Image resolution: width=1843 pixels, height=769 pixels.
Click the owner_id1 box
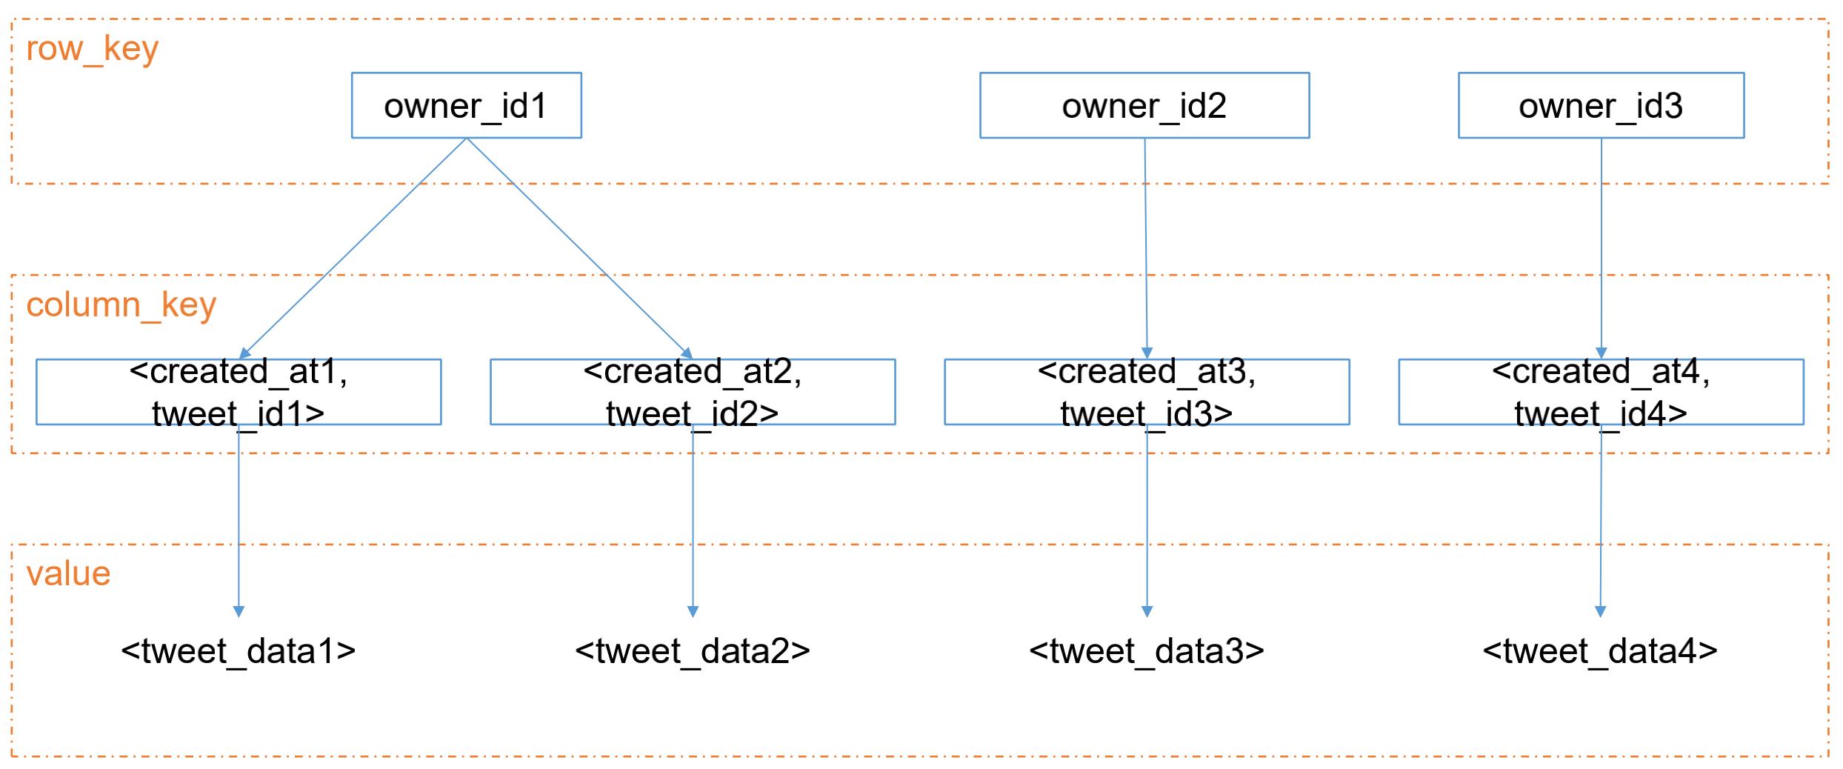(x=466, y=105)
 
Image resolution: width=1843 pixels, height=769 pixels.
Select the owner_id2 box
(x=1144, y=105)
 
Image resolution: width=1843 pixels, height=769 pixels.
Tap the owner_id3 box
(x=1602, y=105)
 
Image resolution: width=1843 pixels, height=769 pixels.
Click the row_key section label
(x=93, y=50)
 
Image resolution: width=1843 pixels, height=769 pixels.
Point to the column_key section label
(x=121, y=305)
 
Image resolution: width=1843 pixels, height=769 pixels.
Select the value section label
(x=68, y=573)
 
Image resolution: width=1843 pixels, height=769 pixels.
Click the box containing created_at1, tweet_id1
(x=239, y=392)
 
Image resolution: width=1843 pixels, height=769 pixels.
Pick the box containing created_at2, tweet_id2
(x=693, y=392)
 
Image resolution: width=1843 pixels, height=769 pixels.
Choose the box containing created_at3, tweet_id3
(x=1147, y=392)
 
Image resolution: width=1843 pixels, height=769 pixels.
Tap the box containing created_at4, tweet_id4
(x=1602, y=392)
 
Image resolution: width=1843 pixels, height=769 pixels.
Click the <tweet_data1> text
(x=239, y=651)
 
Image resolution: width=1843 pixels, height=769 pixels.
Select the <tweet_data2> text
(x=693, y=651)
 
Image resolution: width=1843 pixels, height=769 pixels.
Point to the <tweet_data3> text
(x=1147, y=651)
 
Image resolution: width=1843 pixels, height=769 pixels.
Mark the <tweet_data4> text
(x=1600, y=651)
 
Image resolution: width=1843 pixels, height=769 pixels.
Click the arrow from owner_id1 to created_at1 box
(x=353, y=249)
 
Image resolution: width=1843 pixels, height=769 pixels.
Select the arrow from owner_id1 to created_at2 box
(x=579, y=249)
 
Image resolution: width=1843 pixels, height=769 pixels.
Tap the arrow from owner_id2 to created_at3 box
(x=1146, y=249)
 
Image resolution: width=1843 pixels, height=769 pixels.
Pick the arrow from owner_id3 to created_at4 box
(x=1602, y=249)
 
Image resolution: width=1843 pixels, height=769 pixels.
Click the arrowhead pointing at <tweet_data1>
(x=239, y=611)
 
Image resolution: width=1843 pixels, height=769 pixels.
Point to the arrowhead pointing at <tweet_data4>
(x=1600, y=611)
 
